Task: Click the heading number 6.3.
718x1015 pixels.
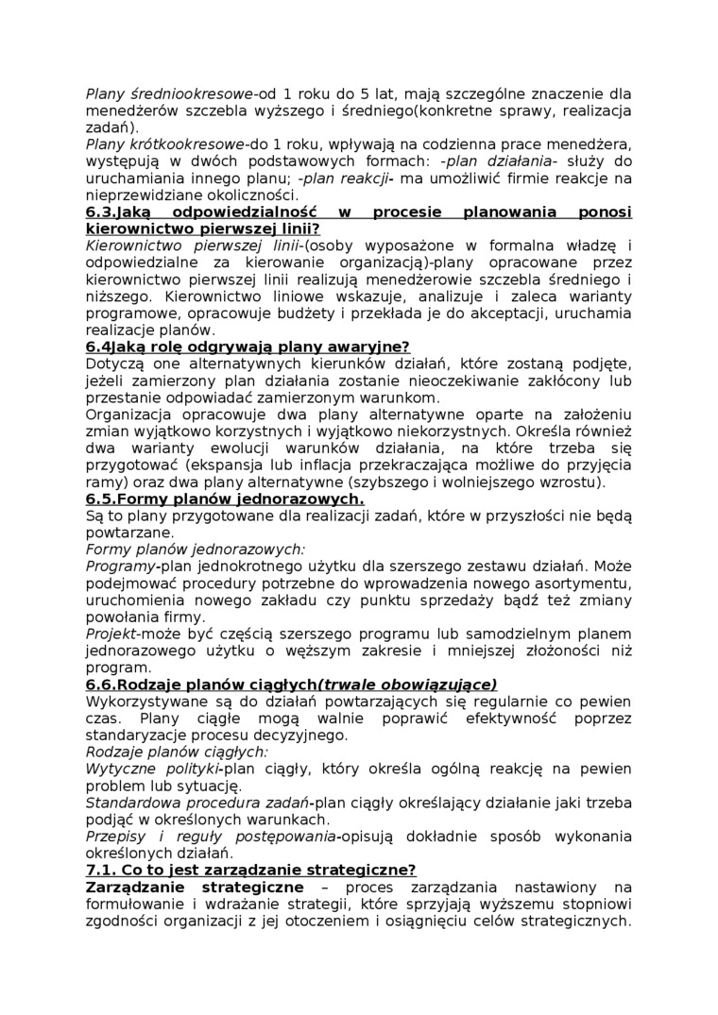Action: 102,212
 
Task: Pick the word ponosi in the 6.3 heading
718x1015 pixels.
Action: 600,212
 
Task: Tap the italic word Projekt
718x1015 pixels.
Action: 111,634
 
